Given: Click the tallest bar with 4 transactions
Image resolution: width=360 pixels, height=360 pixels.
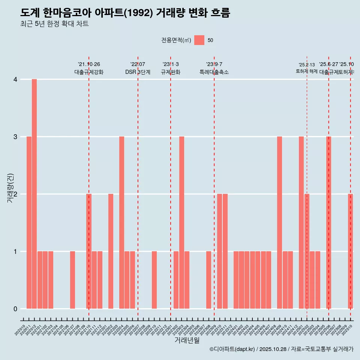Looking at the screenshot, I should (x=34, y=194).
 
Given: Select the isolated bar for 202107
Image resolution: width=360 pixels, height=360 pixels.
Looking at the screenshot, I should (x=72, y=280).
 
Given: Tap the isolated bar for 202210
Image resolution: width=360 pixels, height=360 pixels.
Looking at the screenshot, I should (x=154, y=280).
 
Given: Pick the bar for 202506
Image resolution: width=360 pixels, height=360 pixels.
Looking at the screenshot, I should (x=328, y=222).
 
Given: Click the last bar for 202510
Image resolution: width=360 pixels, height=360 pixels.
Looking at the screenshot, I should (x=350, y=251).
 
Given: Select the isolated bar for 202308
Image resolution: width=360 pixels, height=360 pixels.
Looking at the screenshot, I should (x=208, y=280).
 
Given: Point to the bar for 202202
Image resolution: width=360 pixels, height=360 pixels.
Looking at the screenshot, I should (x=111, y=251).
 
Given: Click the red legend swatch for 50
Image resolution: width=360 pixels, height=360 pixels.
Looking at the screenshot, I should (x=199, y=40).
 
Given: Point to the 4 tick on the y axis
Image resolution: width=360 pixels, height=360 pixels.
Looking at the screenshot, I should (x=15, y=79).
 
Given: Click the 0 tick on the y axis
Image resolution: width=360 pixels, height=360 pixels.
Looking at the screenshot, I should (x=15, y=309).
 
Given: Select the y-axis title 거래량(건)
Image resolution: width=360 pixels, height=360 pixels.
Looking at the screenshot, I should (x=10, y=188).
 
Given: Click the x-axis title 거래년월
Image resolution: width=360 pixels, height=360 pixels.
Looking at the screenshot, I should (x=187, y=340).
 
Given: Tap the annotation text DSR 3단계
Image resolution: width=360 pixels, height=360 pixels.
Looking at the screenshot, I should (x=138, y=72).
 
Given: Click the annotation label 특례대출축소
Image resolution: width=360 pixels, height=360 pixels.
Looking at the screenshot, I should (x=214, y=72).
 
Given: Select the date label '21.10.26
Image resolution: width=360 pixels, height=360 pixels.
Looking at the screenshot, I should (x=89, y=64).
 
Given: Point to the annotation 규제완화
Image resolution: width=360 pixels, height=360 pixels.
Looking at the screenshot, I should (x=171, y=72).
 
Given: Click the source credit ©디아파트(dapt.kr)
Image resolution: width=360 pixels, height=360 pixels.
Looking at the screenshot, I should (x=232, y=349).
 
